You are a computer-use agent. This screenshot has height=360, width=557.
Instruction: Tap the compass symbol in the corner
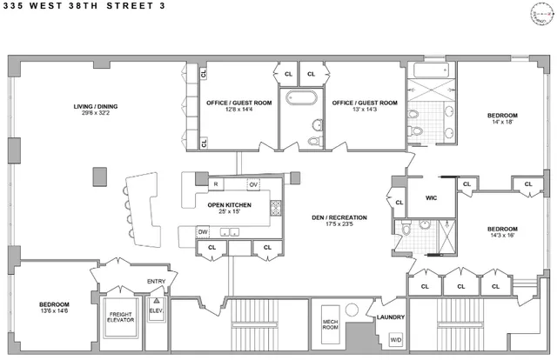click(x=542, y=15)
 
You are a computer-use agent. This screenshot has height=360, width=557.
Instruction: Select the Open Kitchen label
click(x=229, y=204)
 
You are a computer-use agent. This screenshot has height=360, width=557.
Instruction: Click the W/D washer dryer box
click(x=395, y=339)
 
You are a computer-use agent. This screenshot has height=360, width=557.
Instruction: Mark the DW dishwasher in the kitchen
click(x=202, y=231)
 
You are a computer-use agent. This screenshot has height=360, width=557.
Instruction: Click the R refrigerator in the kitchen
click(x=215, y=184)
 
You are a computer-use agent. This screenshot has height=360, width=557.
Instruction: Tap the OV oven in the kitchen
click(x=253, y=184)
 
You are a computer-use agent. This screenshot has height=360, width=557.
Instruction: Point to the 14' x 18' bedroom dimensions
click(x=502, y=123)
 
